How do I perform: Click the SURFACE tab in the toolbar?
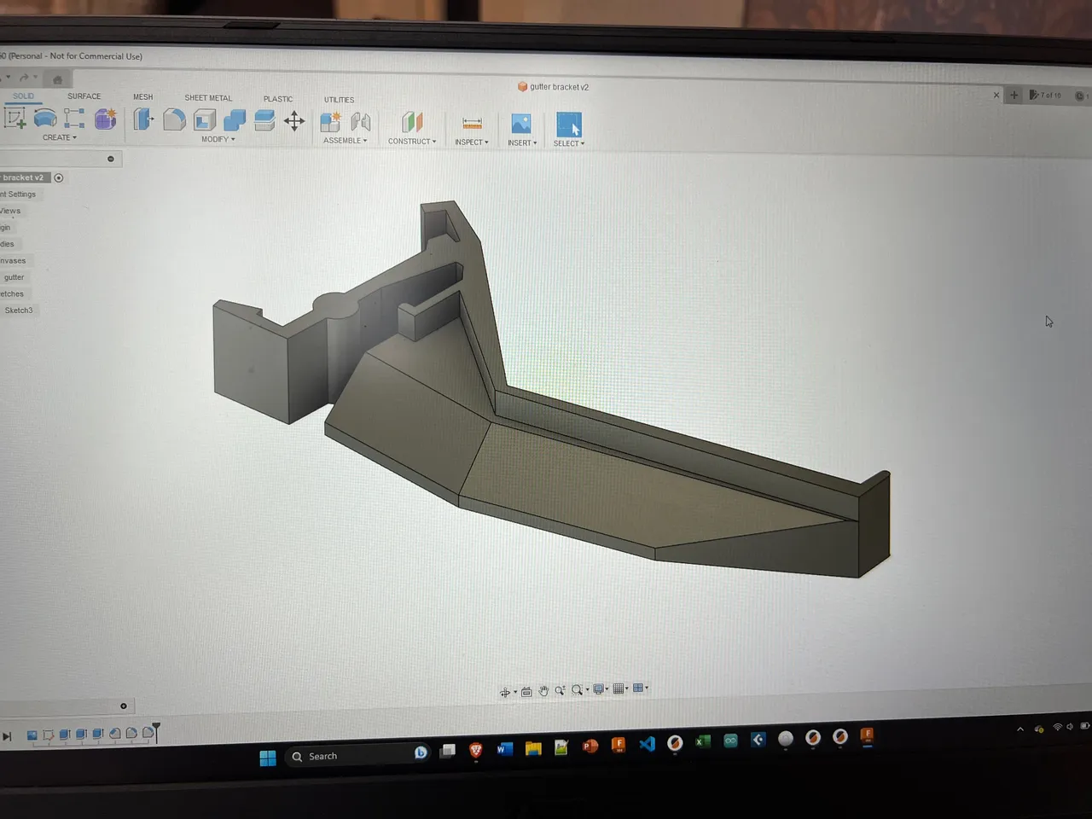click(x=84, y=96)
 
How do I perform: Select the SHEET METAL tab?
click(x=208, y=98)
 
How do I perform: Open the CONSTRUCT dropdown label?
click(x=411, y=142)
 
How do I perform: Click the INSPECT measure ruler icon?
click(x=472, y=124)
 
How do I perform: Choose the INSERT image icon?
click(x=521, y=124)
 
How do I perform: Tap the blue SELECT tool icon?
click(x=568, y=125)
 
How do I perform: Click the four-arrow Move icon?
click(x=294, y=121)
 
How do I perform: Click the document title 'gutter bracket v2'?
click(x=559, y=87)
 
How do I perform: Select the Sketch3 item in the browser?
click(x=19, y=311)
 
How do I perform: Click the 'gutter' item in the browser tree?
click(x=14, y=277)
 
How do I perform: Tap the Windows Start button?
click(x=268, y=758)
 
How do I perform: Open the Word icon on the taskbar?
click(x=504, y=749)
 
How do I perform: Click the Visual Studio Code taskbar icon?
click(x=647, y=744)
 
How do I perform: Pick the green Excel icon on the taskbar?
click(x=702, y=741)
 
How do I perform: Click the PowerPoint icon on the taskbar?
click(x=590, y=746)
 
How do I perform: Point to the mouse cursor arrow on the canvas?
click(x=1048, y=321)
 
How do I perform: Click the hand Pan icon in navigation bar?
click(x=543, y=691)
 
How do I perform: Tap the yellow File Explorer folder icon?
click(x=533, y=748)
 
